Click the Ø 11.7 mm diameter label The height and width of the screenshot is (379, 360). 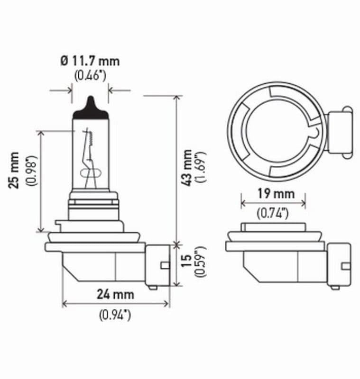pos(90,61)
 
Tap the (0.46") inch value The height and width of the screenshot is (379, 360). pos(90,75)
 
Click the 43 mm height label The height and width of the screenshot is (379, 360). pos(188,167)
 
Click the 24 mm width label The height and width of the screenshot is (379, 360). pos(116,294)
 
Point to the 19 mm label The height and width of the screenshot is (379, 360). pos(273,193)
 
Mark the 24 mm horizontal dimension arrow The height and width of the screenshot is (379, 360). pos(116,305)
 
